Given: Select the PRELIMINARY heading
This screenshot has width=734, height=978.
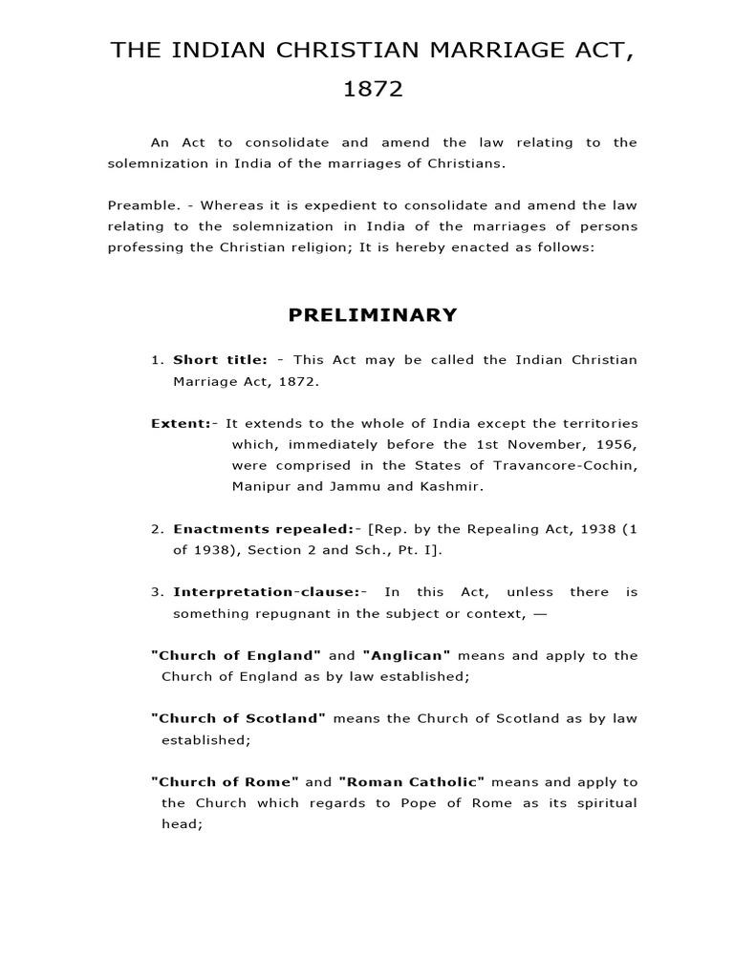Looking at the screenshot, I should tap(373, 315).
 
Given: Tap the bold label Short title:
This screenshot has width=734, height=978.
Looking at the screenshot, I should tap(220, 360).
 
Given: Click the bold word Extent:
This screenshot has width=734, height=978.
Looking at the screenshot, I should tap(182, 423).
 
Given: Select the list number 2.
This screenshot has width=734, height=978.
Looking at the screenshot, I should tap(158, 528).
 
